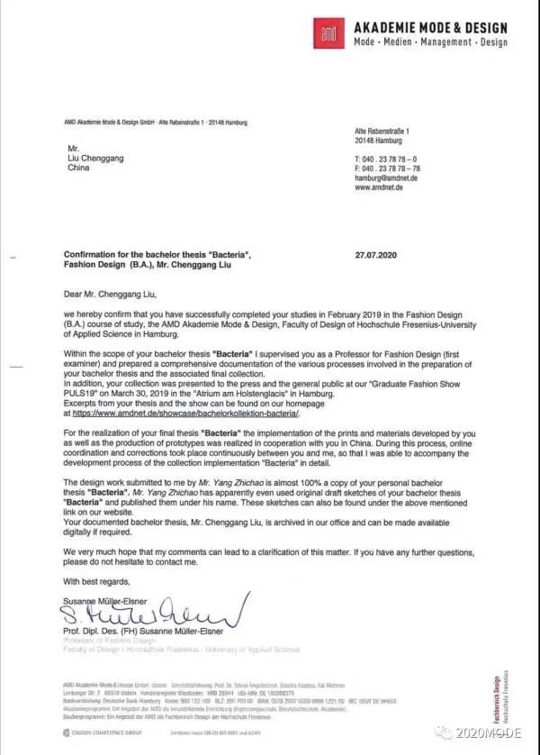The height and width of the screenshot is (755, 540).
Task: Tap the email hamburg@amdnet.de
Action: (x=387, y=178)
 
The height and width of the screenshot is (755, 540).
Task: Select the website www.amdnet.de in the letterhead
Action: (x=378, y=188)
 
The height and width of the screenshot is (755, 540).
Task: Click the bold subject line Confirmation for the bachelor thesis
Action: (x=157, y=256)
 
